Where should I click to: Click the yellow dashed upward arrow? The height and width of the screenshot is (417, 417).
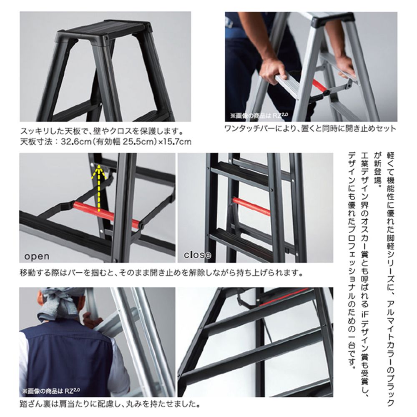coord(98,188)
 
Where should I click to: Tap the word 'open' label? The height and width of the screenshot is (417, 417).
coord(37,256)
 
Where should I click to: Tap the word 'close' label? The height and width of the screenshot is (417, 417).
coord(198,255)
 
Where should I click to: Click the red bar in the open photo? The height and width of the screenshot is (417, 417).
coord(106,212)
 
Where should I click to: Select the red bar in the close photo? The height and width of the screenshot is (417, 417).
coord(251,206)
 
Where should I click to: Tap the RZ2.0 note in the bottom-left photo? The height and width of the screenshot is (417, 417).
coord(51,391)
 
